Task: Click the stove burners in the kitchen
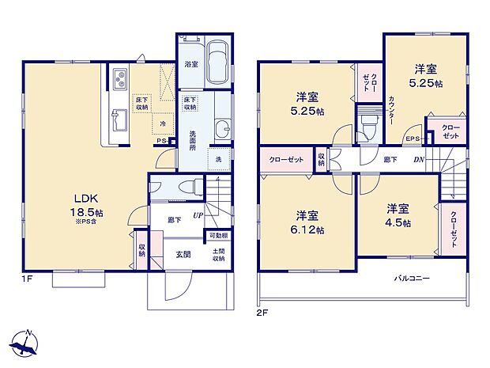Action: tap(121, 79)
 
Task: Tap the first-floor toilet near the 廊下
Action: tap(184, 187)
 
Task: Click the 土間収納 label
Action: tap(218, 255)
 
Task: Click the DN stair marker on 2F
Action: tap(418, 159)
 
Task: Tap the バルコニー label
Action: tap(414, 279)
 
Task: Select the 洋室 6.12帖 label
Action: tap(307, 222)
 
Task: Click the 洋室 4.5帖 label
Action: tap(398, 215)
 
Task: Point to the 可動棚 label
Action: tap(217, 236)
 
